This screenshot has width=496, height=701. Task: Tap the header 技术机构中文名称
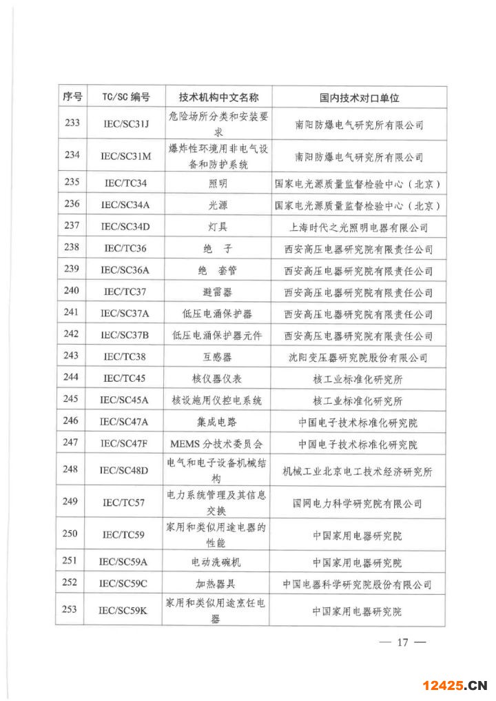(x=218, y=97)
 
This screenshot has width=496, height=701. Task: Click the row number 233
(x=72, y=123)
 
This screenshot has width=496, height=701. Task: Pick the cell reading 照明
(x=218, y=183)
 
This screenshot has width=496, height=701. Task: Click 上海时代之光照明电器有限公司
(x=358, y=227)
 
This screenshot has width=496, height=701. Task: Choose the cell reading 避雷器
(x=218, y=292)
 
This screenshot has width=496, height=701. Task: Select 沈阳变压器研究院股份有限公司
(x=358, y=358)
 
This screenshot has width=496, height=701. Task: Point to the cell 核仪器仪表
(x=218, y=378)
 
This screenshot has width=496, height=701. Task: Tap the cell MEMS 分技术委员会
(x=218, y=443)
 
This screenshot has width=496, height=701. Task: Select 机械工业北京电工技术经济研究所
(x=358, y=471)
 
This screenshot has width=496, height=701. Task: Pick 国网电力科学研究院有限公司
(x=358, y=503)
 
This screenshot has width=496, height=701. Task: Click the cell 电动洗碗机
(x=218, y=562)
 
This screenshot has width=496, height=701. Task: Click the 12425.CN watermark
(x=455, y=685)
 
